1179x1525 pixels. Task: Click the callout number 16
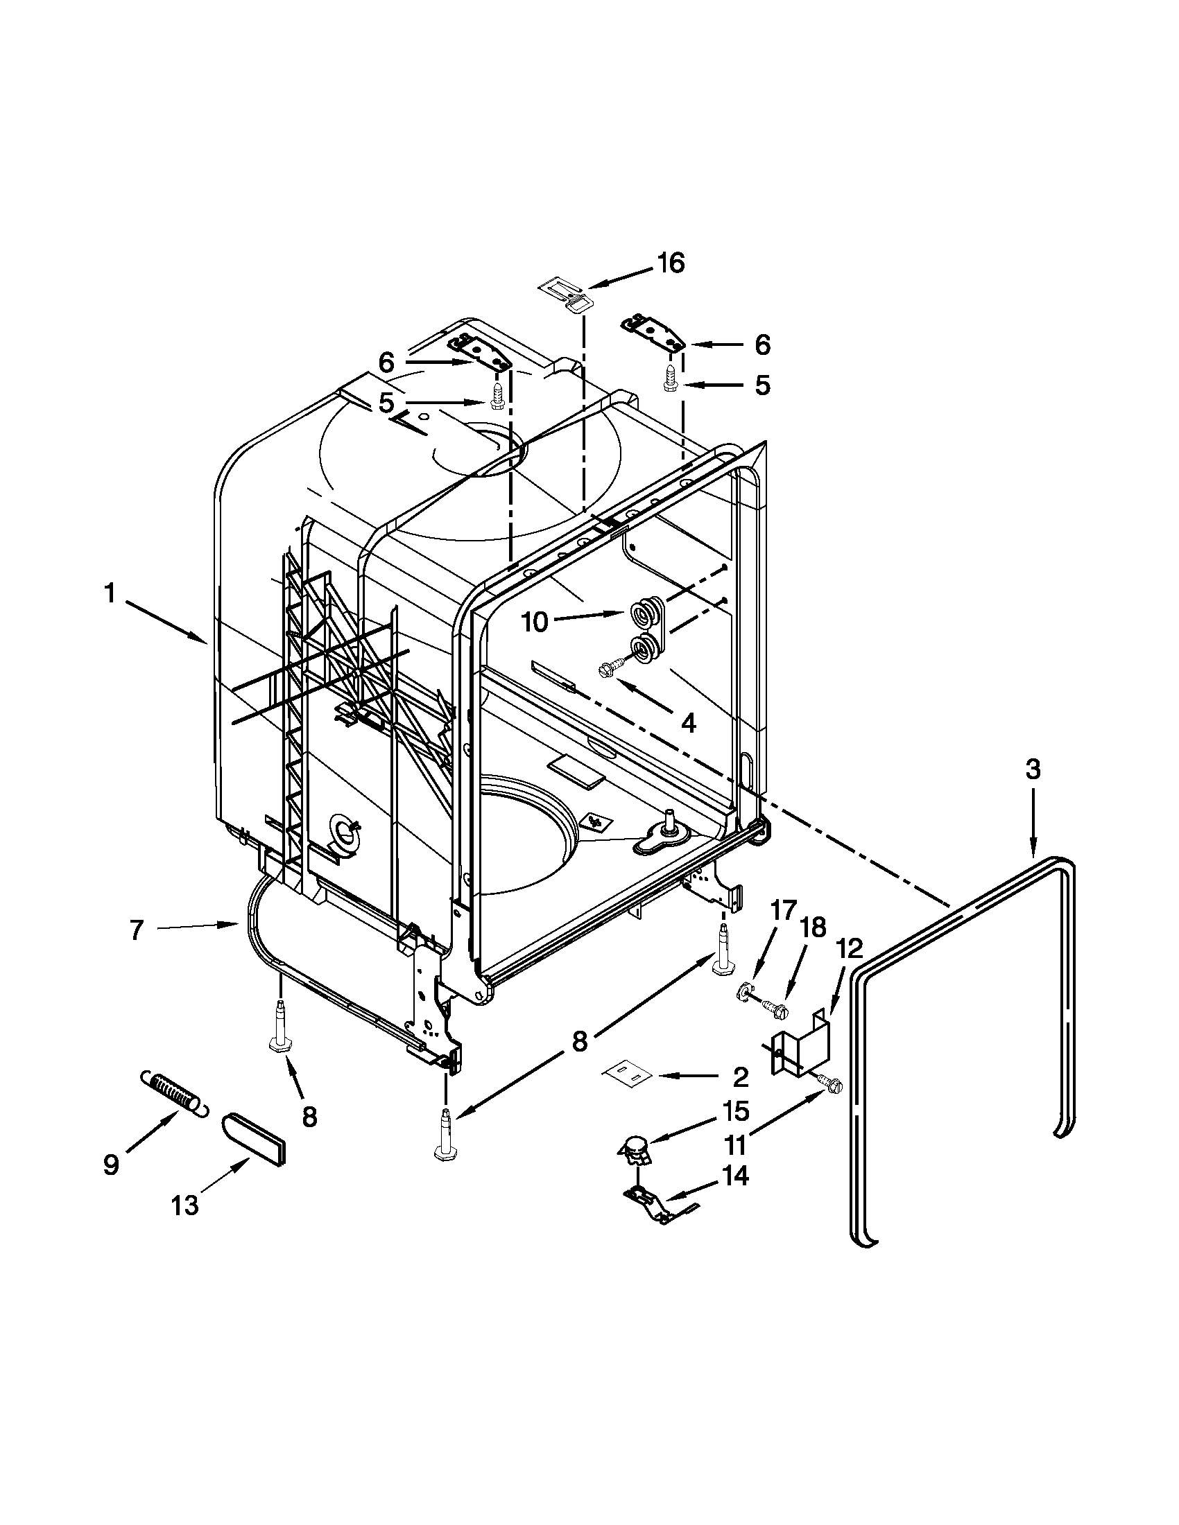[670, 264]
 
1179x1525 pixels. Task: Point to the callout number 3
[1033, 769]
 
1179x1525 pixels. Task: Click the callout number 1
[109, 594]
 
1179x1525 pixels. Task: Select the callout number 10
[535, 622]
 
